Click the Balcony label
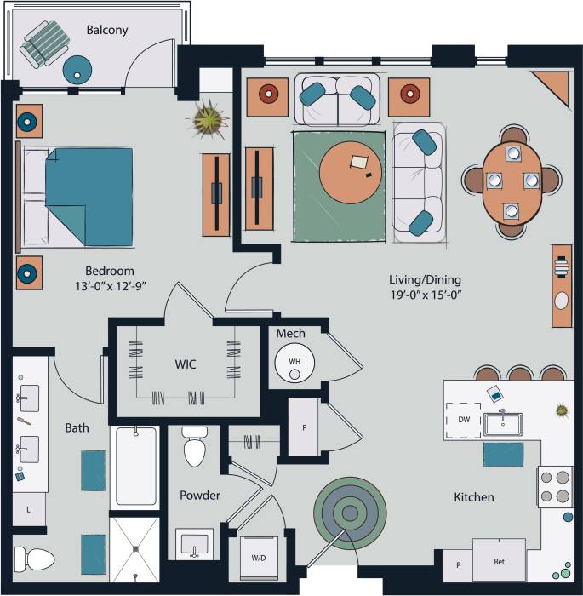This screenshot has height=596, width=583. (x=106, y=30)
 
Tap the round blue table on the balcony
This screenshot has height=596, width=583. (x=77, y=67)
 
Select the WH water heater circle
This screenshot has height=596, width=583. (x=294, y=362)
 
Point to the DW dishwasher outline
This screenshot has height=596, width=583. (x=462, y=421)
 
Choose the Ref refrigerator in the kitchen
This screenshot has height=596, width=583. (x=499, y=562)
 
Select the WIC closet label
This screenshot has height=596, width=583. (x=186, y=364)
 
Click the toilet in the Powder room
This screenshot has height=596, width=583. (x=195, y=450)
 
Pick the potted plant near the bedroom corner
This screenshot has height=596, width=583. (x=208, y=119)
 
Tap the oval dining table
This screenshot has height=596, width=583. (x=512, y=181)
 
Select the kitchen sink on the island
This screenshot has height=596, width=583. (x=503, y=423)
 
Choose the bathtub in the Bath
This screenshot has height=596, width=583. (x=136, y=467)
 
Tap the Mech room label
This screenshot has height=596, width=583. (x=290, y=333)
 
